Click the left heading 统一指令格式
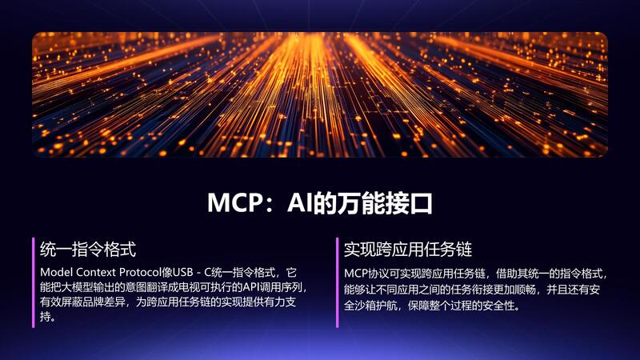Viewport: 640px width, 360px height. tap(88, 249)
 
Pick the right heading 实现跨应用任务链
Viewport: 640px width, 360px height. tap(408, 249)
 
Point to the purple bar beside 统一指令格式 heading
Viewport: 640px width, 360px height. tap(34, 282)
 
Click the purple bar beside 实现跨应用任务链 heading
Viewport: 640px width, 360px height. tap(337, 282)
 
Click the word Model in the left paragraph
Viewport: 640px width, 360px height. tap(56, 272)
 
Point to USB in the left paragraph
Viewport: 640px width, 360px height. tap(183, 272)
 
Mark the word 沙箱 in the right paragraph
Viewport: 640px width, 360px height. tap(365, 306)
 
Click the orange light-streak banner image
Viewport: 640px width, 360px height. tap(320, 94)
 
